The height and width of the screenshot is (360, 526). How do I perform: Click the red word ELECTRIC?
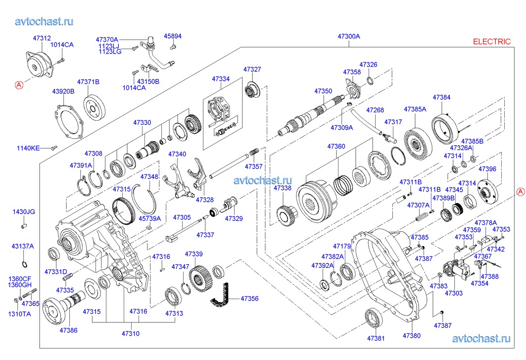491,42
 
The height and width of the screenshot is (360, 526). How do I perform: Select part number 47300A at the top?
349,37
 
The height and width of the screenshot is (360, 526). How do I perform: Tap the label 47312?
42,38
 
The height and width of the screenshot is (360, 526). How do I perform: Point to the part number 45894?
173,36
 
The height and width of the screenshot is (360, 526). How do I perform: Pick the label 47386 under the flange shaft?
68,330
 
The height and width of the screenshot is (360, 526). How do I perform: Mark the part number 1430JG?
24,212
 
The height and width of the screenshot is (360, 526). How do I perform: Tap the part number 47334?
221,79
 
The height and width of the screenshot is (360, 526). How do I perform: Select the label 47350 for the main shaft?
323,91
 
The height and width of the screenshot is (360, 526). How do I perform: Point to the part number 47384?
441,98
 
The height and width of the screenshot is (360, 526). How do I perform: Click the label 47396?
487,169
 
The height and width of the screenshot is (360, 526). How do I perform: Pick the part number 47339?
194,254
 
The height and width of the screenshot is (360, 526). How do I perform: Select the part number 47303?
453,293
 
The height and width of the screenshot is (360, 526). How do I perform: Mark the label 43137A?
23,246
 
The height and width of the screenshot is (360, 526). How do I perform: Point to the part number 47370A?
107,39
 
